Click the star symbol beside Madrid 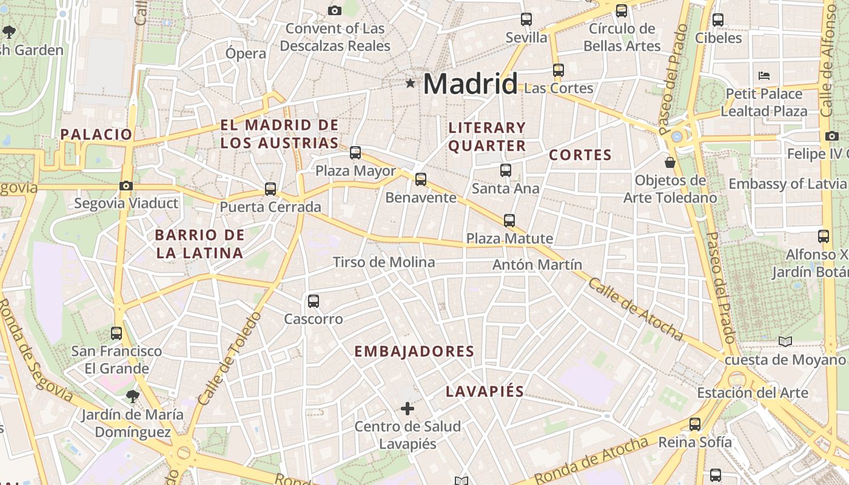(x=411, y=83)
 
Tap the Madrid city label (x=471, y=83)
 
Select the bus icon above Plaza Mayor (x=355, y=153)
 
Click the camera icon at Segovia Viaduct (x=126, y=186)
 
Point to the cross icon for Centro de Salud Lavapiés (x=408, y=409)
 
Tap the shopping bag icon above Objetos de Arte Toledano (x=670, y=162)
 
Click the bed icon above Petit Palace (x=764, y=76)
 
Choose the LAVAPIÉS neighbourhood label (x=485, y=392)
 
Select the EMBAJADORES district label (x=414, y=352)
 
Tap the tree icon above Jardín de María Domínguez (x=132, y=397)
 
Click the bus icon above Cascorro (x=314, y=301)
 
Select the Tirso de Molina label (x=384, y=262)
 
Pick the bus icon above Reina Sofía (x=695, y=424)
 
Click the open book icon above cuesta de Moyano (x=785, y=342)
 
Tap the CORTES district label (x=580, y=155)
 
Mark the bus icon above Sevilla (x=526, y=19)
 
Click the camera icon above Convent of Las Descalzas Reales (x=334, y=10)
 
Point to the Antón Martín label (x=537, y=265)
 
